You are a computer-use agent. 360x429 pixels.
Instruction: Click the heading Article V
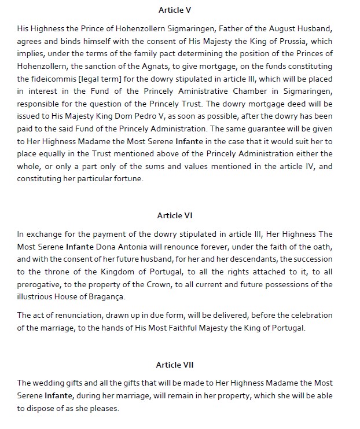tap(179, 10)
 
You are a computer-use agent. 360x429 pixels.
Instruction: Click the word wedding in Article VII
tap(48, 383)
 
